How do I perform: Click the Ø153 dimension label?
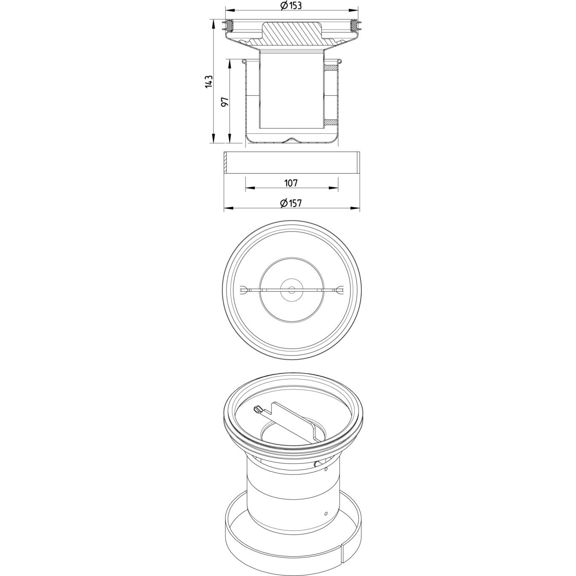pyautogui.click(x=291, y=5)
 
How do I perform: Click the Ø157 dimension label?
pyautogui.click(x=291, y=203)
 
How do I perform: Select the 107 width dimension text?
pyautogui.click(x=291, y=183)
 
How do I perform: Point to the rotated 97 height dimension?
pyautogui.click(x=225, y=102)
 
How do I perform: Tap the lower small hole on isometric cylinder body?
pyautogui.click(x=326, y=514)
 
